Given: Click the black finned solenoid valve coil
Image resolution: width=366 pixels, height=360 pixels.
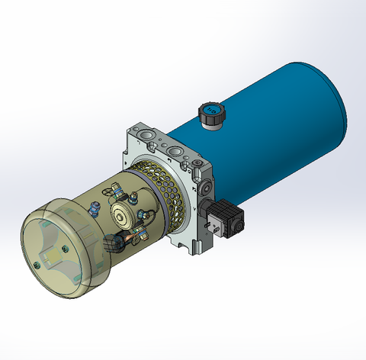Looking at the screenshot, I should tap(228, 218).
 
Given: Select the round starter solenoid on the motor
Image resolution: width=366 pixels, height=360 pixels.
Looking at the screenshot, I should tap(124, 215).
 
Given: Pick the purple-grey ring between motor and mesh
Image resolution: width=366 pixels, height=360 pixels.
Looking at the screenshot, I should tap(137, 179).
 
